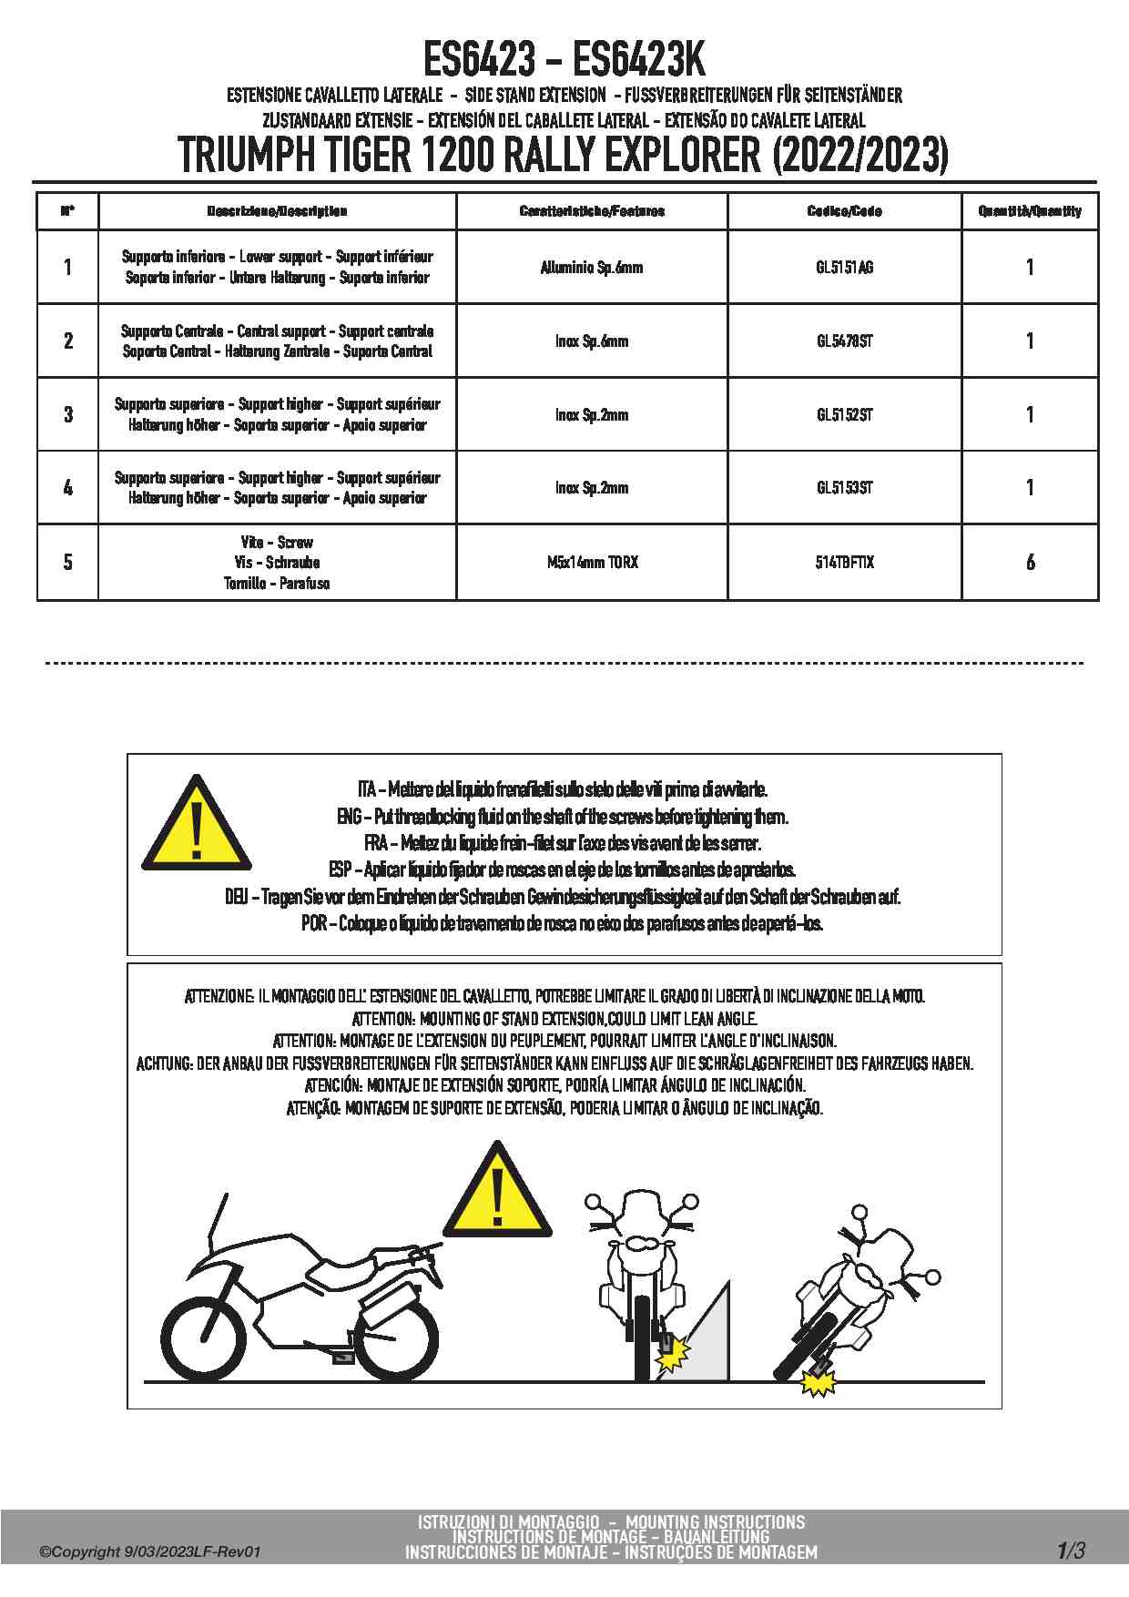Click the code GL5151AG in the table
coord(844,268)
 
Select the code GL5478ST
coord(844,341)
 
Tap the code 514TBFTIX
coord(844,563)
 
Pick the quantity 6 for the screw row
coord(1030,563)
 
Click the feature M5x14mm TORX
coord(592,563)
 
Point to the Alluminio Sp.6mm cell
coord(592,268)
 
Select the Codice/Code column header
coord(844,211)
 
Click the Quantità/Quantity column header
coord(1030,211)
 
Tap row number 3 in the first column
coord(68,415)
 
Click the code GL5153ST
coord(844,488)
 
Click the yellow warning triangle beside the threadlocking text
coord(196,824)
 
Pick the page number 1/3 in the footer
coord(1071,1550)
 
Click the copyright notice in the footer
coord(150,1551)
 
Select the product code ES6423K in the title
coord(638,61)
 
